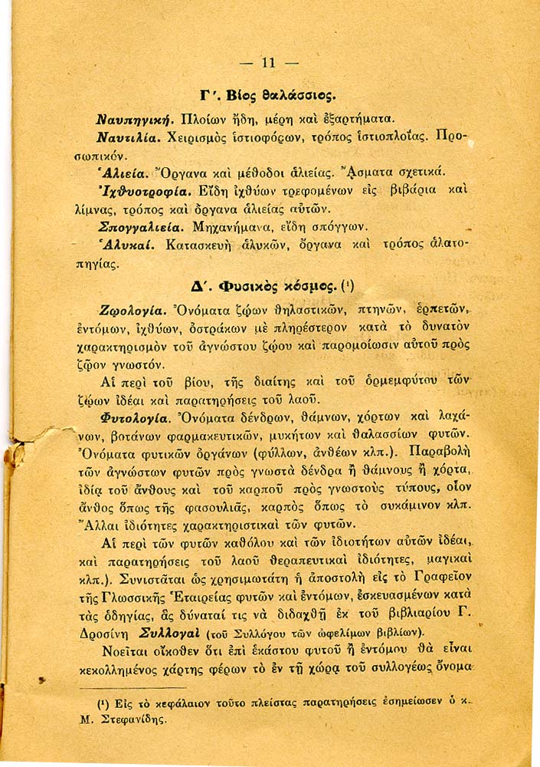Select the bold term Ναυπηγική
[136, 120]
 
